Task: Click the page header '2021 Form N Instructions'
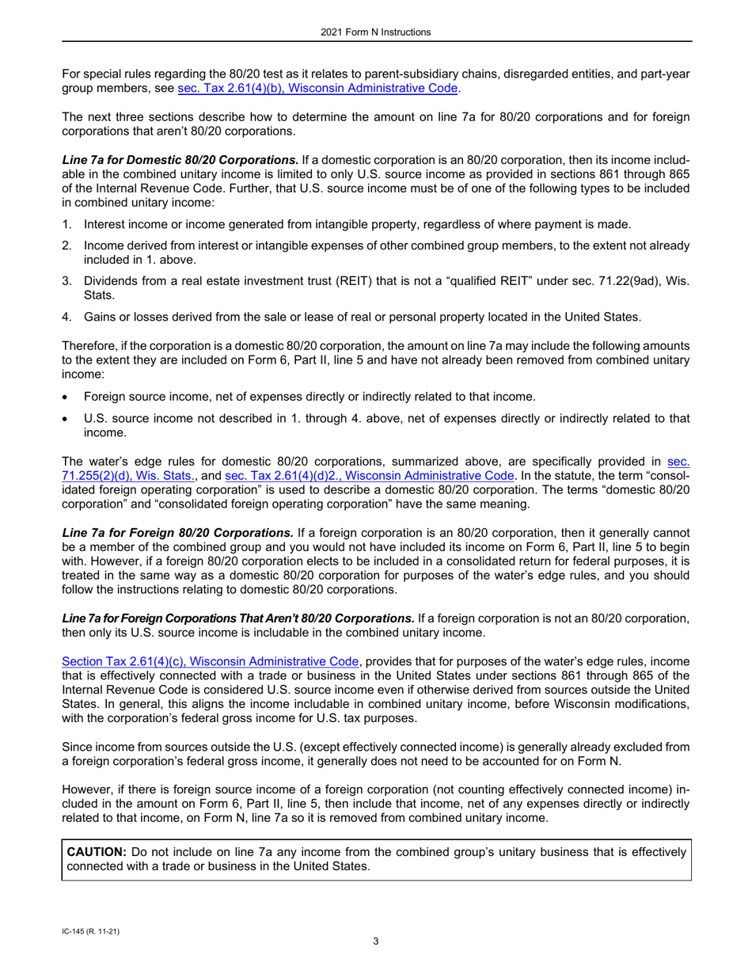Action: pos(376,32)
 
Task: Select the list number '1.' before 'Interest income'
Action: pos(67,226)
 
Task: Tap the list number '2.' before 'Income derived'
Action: pos(67,245)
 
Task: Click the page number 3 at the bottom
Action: pos(376,942)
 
